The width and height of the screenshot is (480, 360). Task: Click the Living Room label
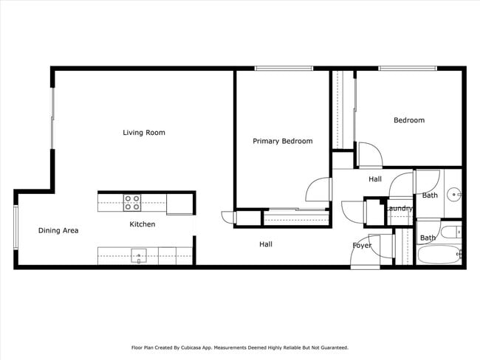click(x=144, y=133)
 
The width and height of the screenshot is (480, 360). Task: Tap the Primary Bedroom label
click(x=282, y=141)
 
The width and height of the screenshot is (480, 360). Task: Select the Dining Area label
click(x=58, y=230)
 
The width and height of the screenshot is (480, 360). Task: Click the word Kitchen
click(x=143, y=224)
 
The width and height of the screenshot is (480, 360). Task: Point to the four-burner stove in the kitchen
click(x=132, y=198)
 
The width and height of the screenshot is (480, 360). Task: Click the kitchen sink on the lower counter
click(x=138, y=256)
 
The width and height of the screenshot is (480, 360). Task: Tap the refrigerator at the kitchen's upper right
click(x=180, y=204)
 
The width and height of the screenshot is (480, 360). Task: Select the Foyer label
click(x=362, y=246)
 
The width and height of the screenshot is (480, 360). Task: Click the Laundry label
click(x=399, y=209)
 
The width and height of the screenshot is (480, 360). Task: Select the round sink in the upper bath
click(x=453, y=195)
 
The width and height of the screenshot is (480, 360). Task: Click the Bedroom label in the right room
click(x=408, y=120)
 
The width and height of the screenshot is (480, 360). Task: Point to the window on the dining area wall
click(x=16, y=228)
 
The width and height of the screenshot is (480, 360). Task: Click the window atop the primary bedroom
click(x=284, y=69)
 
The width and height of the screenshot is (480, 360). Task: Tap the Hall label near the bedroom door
click(x=375, y=179)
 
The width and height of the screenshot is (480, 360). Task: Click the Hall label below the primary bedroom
click(x=266, y=244)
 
